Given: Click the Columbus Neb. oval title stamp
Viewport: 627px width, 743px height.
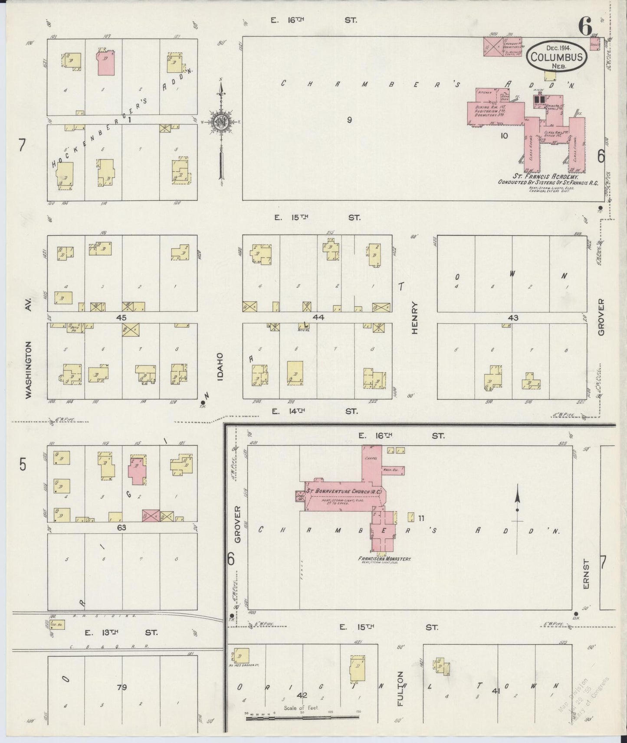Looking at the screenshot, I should (557, 56).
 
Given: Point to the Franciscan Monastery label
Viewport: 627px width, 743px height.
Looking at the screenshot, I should (384, 559).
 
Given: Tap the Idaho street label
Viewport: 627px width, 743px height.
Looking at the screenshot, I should (220, 367).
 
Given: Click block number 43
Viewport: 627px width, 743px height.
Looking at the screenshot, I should (512, 318).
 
